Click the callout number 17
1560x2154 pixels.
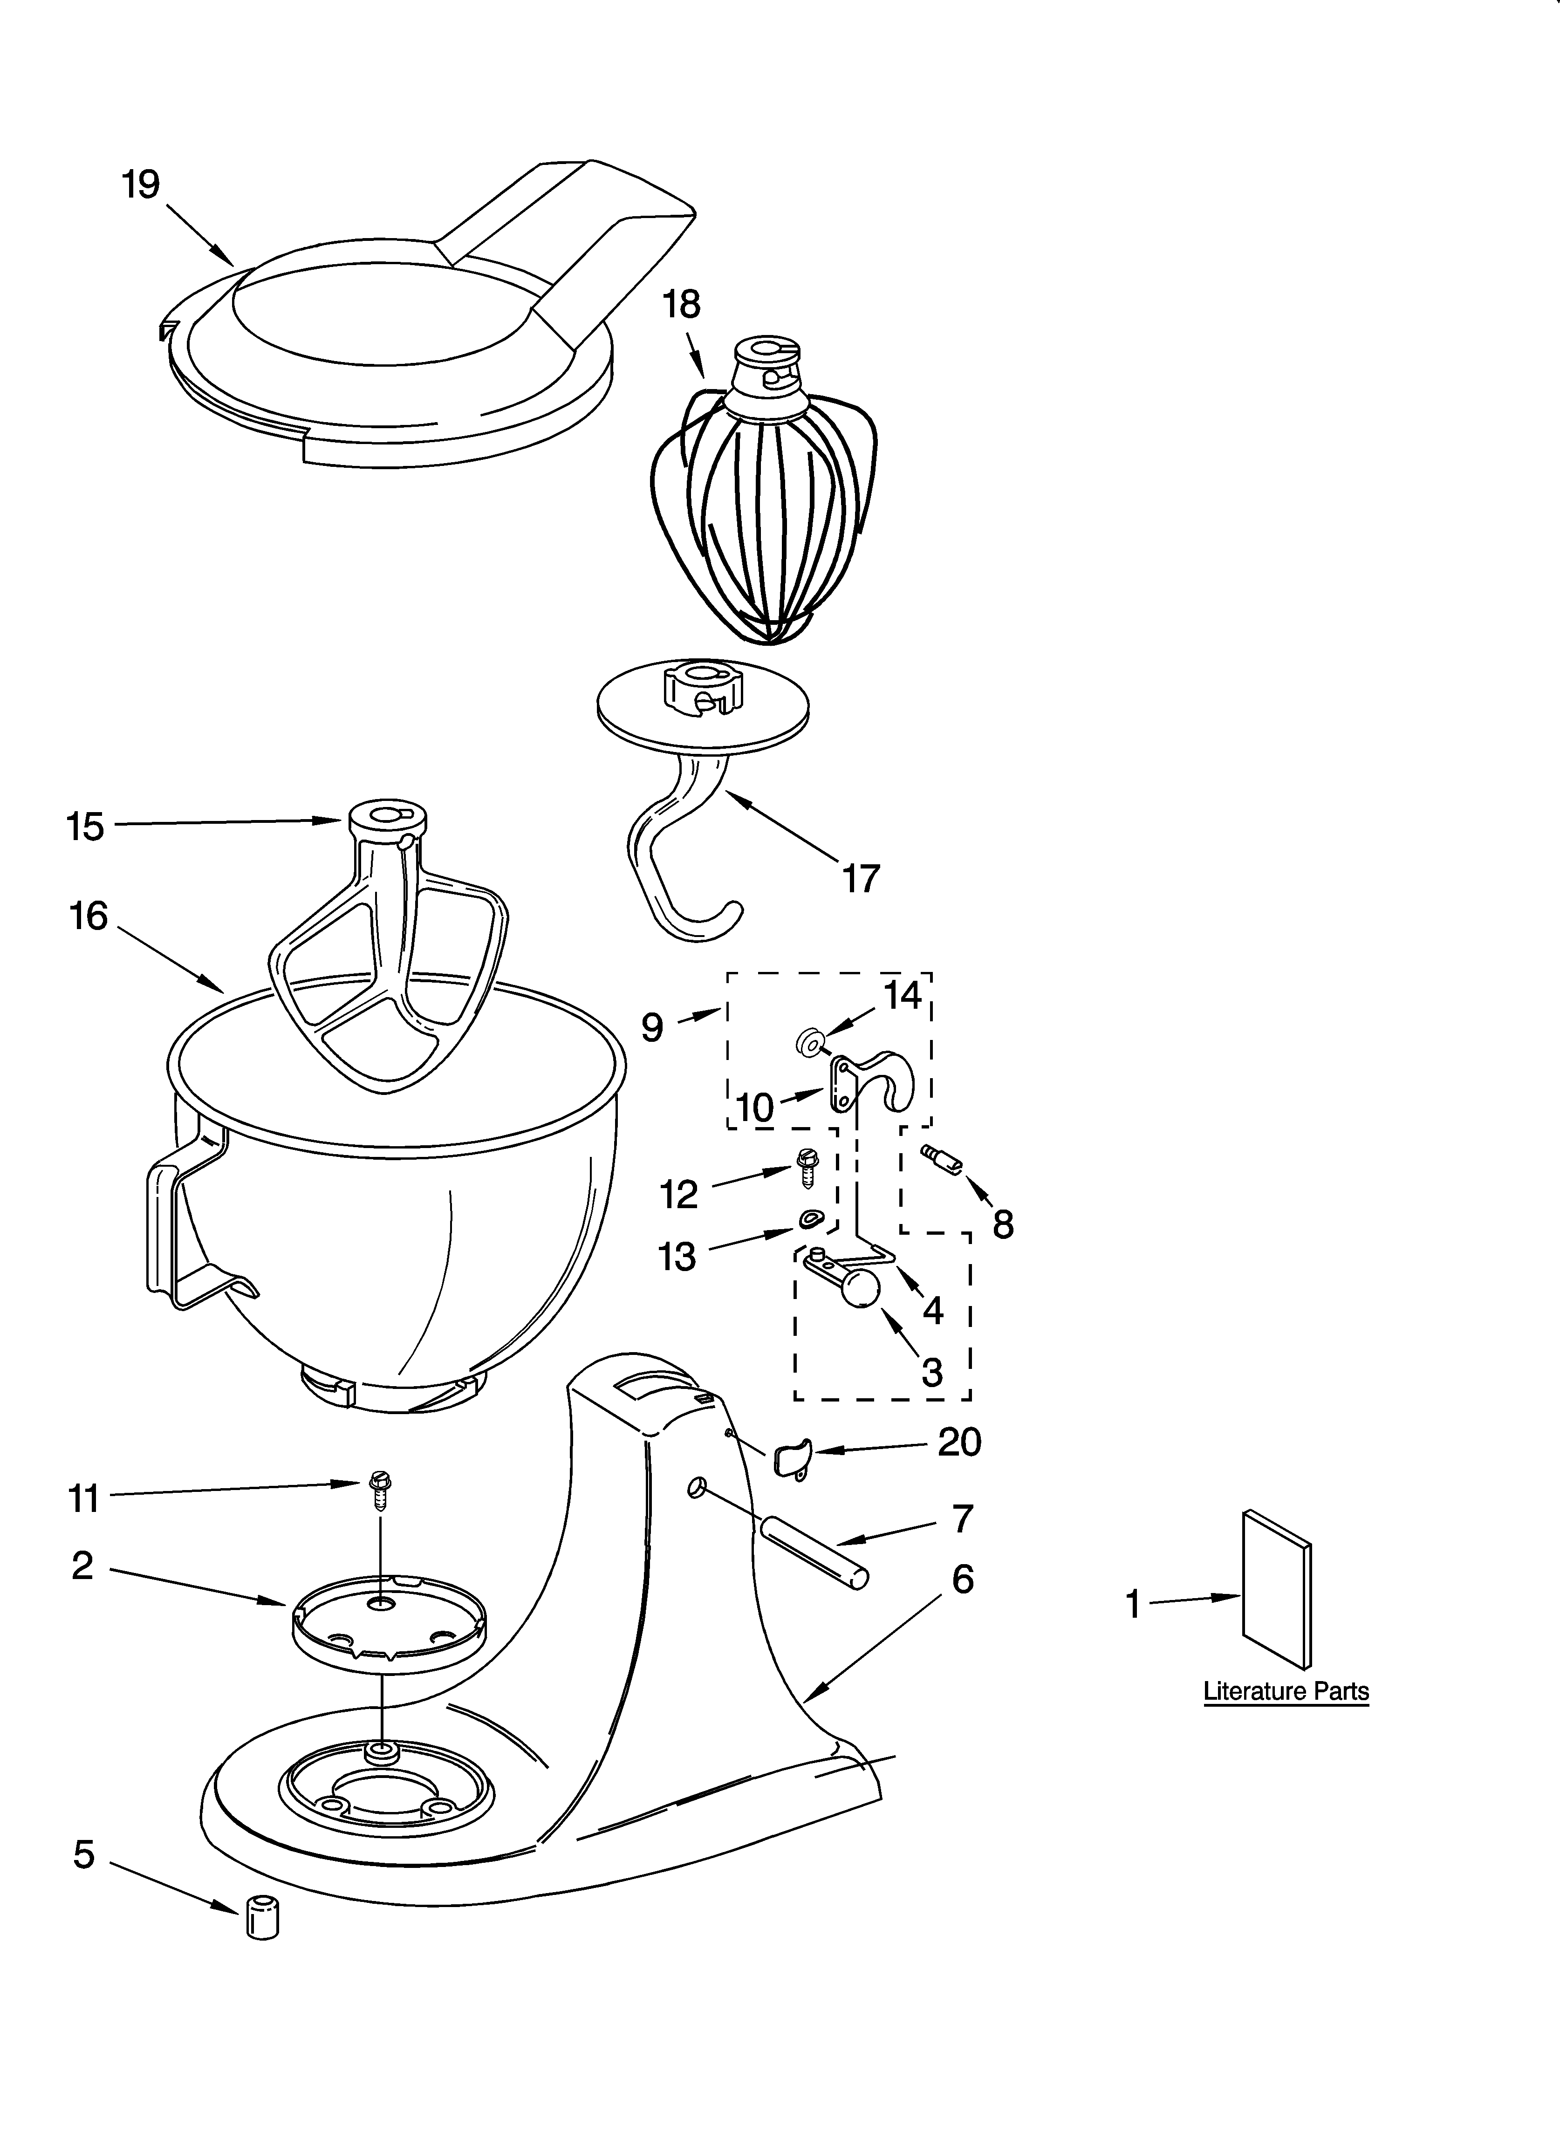(861, 878)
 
